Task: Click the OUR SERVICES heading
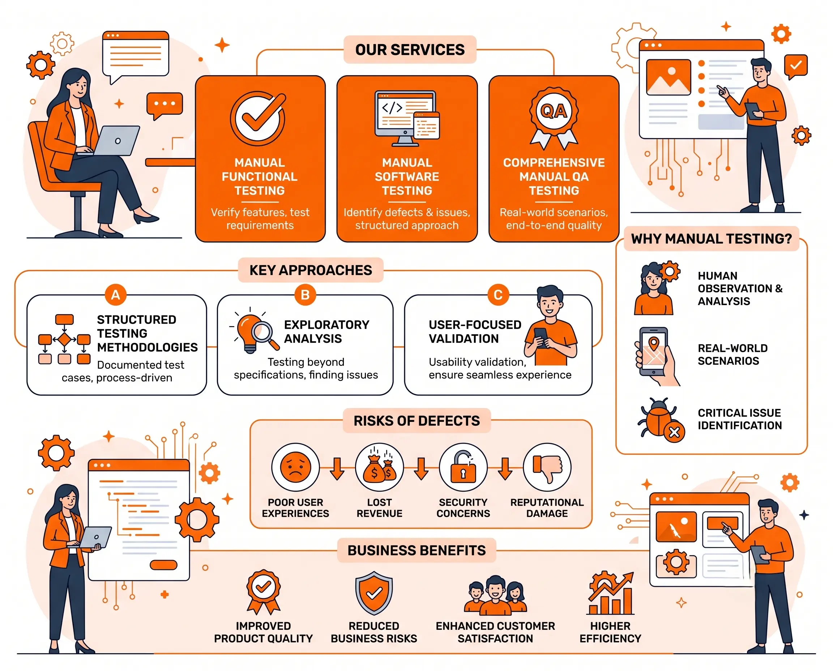[x=410, y=50]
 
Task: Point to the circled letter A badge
[x=116, y=295]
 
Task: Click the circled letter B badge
[x=305, y=295]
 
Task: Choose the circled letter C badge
[x=498, y=295]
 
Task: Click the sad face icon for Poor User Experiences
[x=295, y=467]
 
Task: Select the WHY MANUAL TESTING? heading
[x=711, y=239]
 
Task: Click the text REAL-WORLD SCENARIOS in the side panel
[x=732, y=354]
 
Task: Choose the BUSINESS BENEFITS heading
[x=416, y=550]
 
